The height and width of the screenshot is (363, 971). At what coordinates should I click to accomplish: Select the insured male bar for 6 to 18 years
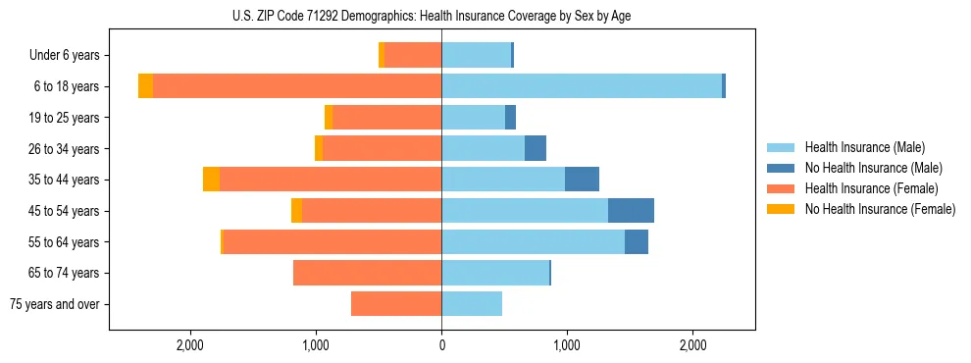pos(582,86)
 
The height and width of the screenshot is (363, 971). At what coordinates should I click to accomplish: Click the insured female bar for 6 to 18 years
pos(297,86)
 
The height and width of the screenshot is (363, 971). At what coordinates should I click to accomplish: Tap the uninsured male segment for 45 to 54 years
pos(631,211)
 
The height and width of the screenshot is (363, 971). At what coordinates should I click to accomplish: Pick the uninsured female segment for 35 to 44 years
pos(211,180)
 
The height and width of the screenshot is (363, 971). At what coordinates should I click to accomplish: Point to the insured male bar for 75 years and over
pos(472,304)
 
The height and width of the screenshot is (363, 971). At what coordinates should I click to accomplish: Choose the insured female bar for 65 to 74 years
pos(367,273)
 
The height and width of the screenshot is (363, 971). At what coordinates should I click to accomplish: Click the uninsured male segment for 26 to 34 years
pos(536,148)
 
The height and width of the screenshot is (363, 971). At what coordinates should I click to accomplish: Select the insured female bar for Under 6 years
pos(413,55)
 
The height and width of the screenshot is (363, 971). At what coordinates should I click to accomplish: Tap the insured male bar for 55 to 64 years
pos(533,241)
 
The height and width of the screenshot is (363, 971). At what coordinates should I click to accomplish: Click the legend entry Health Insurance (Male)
pos(864,147)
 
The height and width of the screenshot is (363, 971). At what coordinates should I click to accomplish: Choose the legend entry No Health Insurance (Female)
pos(880,209)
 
